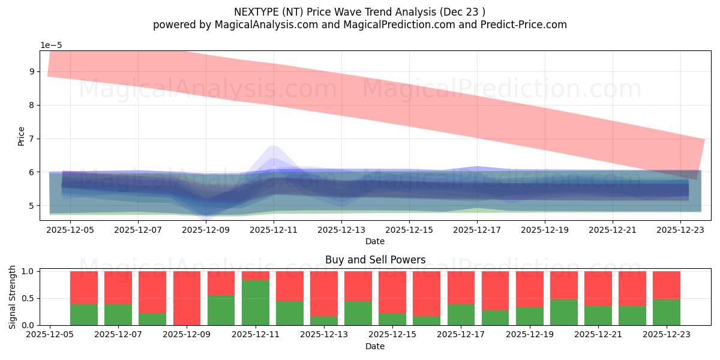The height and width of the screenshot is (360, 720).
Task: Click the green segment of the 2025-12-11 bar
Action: pos(255,303)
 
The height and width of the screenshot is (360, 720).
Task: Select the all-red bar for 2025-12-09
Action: pos(187,298)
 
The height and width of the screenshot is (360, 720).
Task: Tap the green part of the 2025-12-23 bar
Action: pos(666,312)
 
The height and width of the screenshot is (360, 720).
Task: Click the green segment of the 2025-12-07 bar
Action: pos(118,314)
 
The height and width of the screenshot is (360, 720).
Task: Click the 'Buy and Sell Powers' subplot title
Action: pos(375,260)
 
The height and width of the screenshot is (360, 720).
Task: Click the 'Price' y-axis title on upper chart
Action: pos(22,136)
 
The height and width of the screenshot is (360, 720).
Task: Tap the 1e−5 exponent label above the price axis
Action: pos(51,46)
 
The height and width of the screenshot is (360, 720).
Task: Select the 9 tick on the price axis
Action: pos(31,72)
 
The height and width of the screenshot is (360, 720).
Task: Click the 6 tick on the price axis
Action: pos(31,172)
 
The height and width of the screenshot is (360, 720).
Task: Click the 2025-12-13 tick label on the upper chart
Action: pos(341,229)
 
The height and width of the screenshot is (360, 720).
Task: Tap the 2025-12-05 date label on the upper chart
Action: pos(71,229)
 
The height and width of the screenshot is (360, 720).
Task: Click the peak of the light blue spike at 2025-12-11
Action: pos(274,146)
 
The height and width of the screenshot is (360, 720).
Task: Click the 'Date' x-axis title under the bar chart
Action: pos(375,346)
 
